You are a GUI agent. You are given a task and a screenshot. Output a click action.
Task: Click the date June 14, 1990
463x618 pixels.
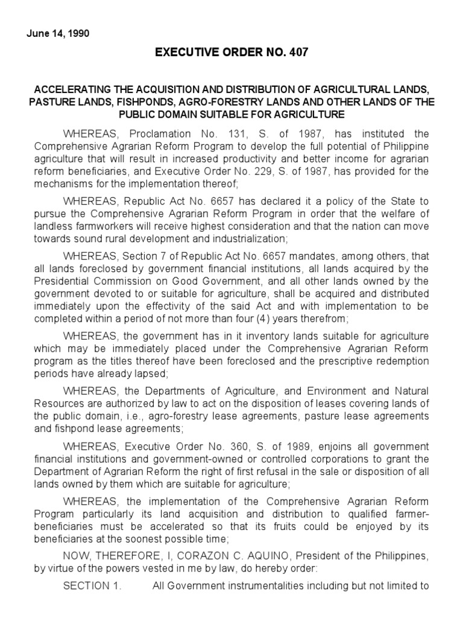tap(58, 34)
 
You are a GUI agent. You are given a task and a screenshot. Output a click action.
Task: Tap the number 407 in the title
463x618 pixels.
tap(297, 53)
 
